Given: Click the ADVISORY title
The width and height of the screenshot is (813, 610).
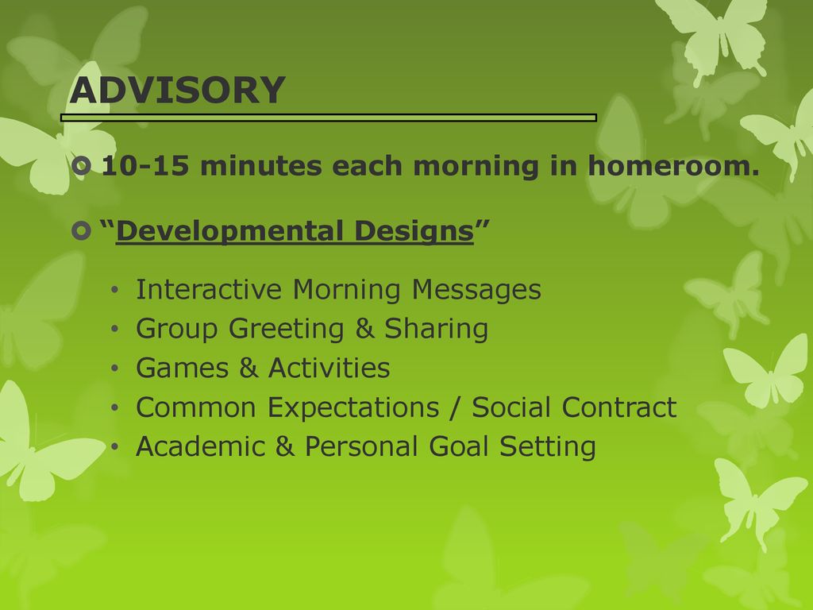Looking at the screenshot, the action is pyautogui.click(x=177, y=91).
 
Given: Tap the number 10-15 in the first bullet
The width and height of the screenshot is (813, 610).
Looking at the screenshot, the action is pyautogui.click(x=145, y=167).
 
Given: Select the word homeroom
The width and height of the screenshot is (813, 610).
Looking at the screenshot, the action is pyautogui.click(x=673, y=166).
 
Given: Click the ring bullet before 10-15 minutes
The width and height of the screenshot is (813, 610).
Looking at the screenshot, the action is pyautogui.click(x=82, y=167).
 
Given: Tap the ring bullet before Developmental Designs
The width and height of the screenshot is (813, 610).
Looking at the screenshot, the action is pyautogui.click(x=82, y=231).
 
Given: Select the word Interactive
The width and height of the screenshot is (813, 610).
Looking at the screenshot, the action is pyautogui.click(x=209, y=289).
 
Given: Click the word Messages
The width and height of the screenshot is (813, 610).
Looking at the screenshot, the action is pyautogui.click(x=476, y=289).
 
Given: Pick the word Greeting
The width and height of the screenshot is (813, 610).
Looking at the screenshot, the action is pyautogui.click(x=286, y=329).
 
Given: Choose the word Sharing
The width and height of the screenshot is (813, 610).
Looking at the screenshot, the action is pyautogui.click(x=436, y=329).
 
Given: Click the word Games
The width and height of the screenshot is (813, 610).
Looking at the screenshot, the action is pyautogui.click(x=182, y=368).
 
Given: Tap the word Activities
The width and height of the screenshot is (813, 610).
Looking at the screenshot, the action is pyautogui.click(x=329, y=368).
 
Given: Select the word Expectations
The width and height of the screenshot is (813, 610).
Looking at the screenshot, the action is pyautogui.click(x=353, y=407).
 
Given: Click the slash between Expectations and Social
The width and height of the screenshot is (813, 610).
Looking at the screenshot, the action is pyautogui.click(x=455, y=407).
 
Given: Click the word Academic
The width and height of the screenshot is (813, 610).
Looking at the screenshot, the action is pyautogui.click(x=201, y=446).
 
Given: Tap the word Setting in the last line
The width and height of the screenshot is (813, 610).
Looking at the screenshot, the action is pyautogui.click(x=548, y=446).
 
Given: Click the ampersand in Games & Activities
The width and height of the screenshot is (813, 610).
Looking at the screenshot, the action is pyautogui.click(x=249, y=368).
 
